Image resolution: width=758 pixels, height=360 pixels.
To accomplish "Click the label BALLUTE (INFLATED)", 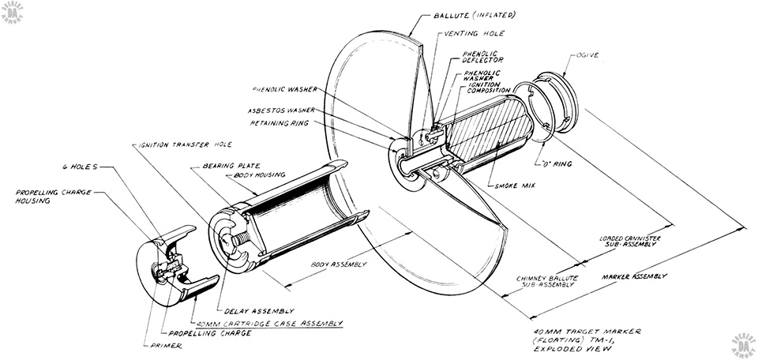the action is point(474,15).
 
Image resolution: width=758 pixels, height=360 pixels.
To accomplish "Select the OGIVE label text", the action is point(587,55).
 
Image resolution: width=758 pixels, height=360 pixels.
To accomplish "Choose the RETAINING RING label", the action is point(279,123).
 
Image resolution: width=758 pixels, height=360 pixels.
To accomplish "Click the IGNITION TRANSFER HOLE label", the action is point(185,144).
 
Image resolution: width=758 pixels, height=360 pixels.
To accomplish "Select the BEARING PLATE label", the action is point(231,166).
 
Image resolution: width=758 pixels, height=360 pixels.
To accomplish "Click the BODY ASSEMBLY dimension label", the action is point(339,264).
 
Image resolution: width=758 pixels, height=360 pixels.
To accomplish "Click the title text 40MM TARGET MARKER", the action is point(587,332).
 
